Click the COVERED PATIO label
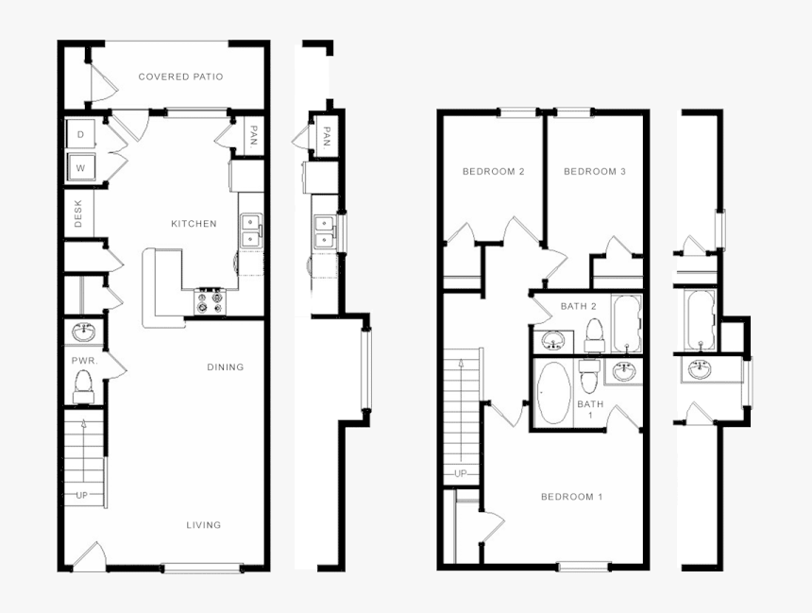pos(180,77)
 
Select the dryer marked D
pos(80,135)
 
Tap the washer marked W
pos(80,168)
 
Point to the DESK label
pos(78,213)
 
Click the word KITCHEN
pos(194,224)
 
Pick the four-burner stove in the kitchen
pos(210,301)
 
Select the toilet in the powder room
pos(82,384)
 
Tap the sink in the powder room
pos(82,332)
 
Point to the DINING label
pos(225,367)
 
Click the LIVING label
pos(203,525)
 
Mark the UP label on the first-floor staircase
pos(81,495)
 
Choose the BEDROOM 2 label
pos(493,171)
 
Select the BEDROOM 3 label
pos(595,171)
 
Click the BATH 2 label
pos(578,306)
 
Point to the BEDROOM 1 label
pos(571,497)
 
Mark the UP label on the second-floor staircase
pos(461,473)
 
